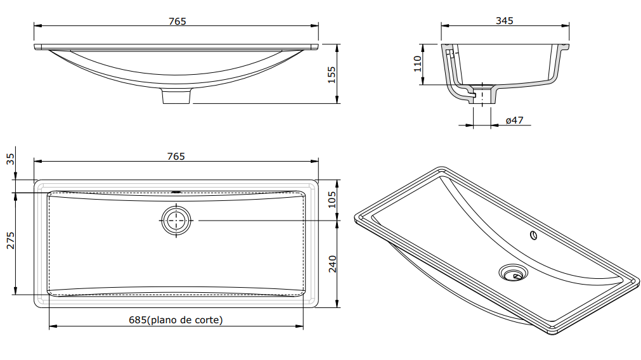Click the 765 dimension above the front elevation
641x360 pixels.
pos(177,21)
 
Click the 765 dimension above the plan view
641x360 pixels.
pos(176,156)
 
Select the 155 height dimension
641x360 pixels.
pos(331,74)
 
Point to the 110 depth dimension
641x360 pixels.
pos(417,64)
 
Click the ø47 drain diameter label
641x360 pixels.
pos(514,120)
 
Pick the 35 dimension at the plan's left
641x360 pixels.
pos(10,158)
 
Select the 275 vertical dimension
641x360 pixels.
pos(10,240)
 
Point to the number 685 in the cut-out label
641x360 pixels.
pos(138,320)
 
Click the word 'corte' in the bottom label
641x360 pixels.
pos(206,320)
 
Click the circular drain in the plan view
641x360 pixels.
pos(176,220)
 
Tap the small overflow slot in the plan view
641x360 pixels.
pos(176,191)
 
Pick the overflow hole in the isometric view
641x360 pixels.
pos(533,236)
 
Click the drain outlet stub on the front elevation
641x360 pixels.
pos(176,96)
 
